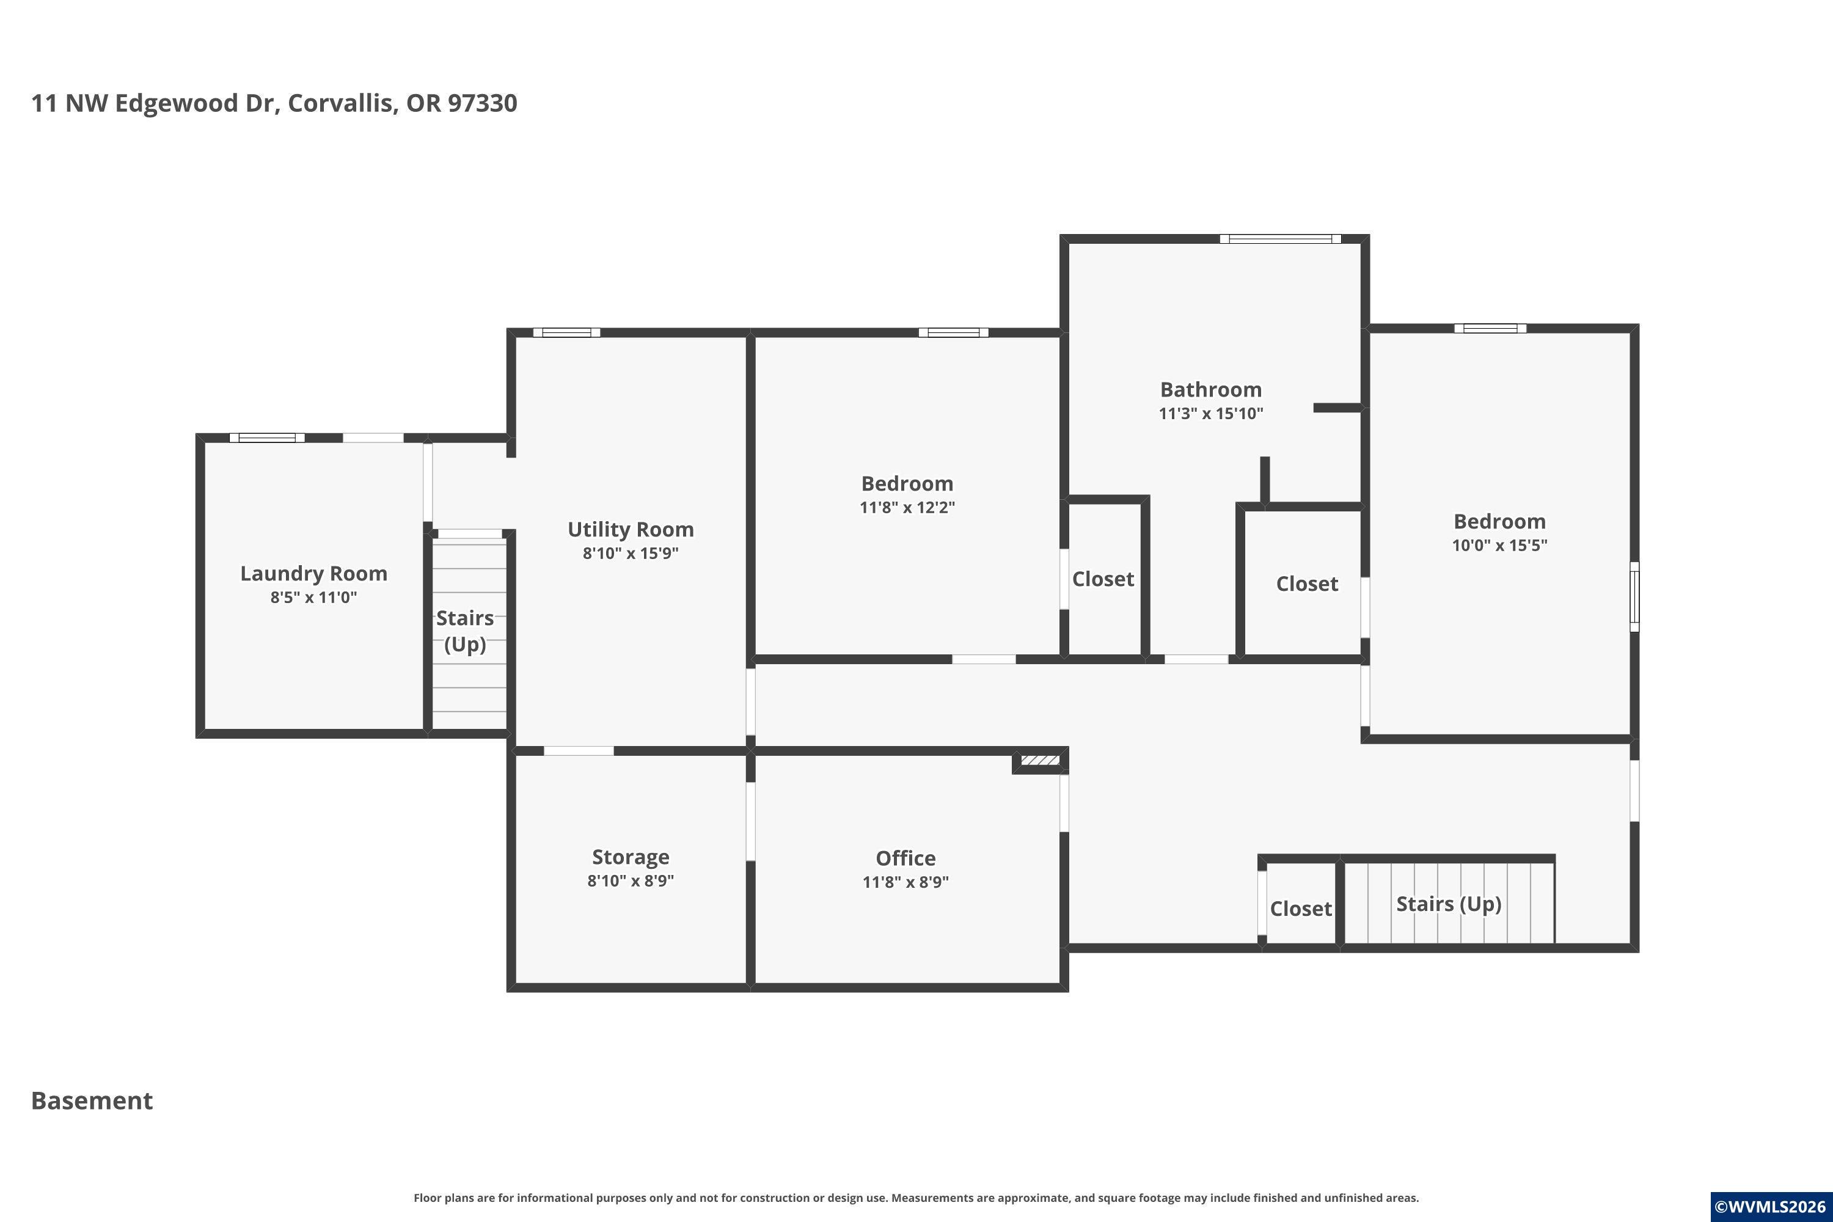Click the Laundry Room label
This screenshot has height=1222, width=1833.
point(313,574)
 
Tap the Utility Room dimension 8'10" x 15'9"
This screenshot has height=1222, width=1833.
point(631,554)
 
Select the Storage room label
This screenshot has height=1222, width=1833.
point(631,857)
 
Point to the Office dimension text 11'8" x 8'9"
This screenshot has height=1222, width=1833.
point(906,882)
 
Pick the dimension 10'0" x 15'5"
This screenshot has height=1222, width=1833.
point(1499,546)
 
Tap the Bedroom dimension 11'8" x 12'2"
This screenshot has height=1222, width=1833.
point(907,507)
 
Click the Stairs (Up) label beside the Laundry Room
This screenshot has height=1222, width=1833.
point(465,631)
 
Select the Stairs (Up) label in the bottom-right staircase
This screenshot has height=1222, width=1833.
point(1449,904)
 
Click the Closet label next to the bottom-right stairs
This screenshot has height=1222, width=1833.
point(1301,909)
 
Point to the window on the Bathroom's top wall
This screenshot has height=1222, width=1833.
point(1281,238)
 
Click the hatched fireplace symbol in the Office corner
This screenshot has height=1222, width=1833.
point(1041,760)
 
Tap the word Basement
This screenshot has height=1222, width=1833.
point(92,1100)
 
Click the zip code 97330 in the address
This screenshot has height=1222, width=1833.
point(483,103)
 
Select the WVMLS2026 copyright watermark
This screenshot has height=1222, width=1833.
point(1771,1206)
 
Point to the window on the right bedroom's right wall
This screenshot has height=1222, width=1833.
point(1634,597)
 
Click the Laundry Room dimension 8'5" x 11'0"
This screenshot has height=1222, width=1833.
point(313,598)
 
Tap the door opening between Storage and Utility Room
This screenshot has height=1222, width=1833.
point(578,750)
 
